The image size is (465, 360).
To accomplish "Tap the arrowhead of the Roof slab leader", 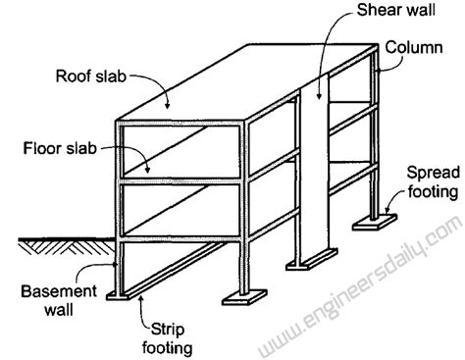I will pyautogui.click(x=168, y=103).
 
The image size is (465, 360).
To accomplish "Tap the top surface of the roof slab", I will pyautogui.click(x=245, y=83).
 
